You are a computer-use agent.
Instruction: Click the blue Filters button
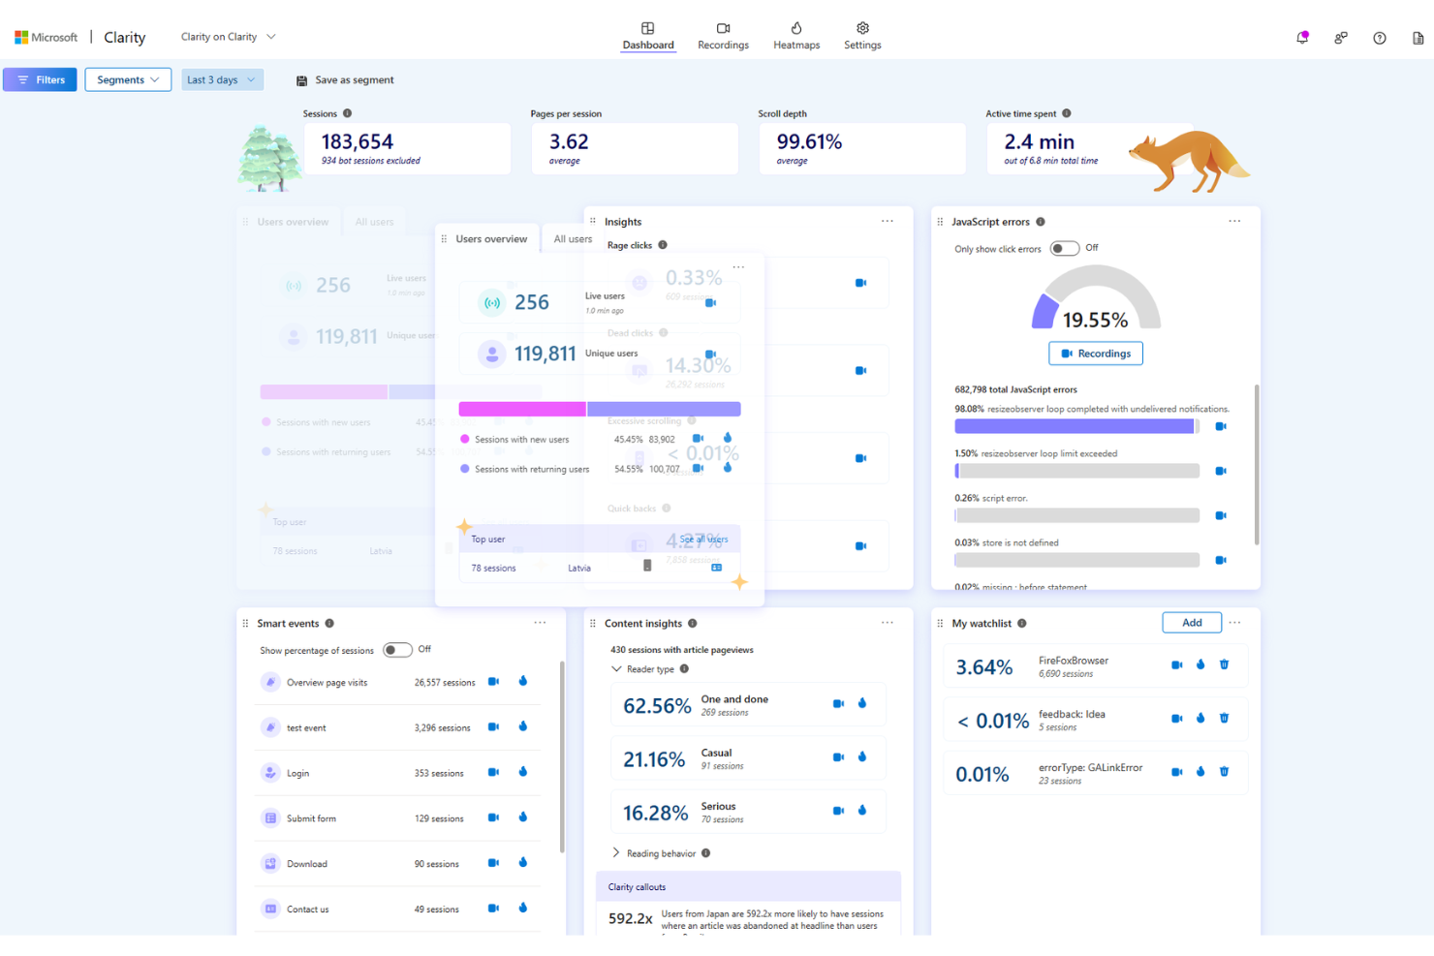coord(40,79)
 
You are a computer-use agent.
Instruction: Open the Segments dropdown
coord(128,79)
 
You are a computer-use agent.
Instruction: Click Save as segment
coord(345,80)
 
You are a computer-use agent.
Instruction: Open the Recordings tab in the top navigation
coord(723,36)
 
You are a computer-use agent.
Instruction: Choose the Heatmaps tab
coord(796,36)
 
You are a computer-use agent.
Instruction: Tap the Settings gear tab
coord(862,36)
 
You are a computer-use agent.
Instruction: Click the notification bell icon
coord(1302,38)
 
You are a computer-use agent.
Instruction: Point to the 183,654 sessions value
coord(358,141)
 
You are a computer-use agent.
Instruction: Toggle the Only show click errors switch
coord(1064,248)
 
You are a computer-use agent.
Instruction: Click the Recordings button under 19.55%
coord(1096,354)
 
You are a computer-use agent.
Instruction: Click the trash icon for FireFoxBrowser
coord(1224,664)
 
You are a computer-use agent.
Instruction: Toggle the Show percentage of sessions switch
coord(397,650)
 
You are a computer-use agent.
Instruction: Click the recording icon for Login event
coord(493,772)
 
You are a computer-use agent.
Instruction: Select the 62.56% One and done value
coord(657,706)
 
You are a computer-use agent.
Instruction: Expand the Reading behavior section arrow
coord(616,852)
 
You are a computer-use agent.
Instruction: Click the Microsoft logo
coord(21,37)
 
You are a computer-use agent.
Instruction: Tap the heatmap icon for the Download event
coord(523,862)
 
